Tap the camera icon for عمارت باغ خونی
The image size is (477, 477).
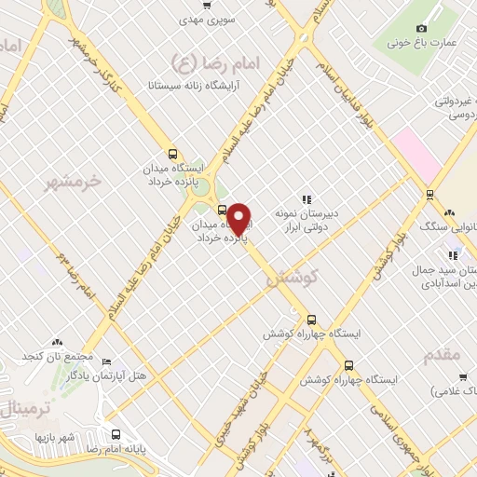click(422, 28)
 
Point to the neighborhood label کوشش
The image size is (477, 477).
click(292, 278)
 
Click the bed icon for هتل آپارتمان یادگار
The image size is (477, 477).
click(106, 361)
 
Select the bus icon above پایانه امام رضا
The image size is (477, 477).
click(116, 434)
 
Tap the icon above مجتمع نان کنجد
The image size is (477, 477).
click(58, 344)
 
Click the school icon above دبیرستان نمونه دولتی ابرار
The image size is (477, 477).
click(306, 198)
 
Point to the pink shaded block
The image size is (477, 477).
click(416, 155)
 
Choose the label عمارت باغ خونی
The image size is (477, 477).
click(412, 42)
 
